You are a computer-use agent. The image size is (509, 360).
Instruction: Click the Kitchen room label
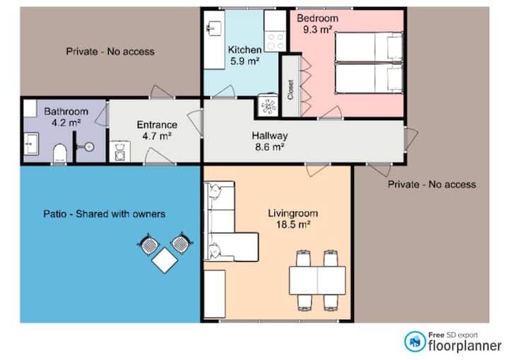tap(245, 50)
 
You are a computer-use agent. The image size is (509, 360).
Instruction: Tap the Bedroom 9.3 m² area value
tap(317, 30)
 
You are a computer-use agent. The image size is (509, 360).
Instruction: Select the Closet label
tap(291, 90)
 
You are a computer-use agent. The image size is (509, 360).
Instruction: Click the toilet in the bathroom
tap(59, 153)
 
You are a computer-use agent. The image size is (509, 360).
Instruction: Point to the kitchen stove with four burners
tap(275, 41)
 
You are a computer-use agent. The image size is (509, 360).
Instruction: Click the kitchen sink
tap(214, 28)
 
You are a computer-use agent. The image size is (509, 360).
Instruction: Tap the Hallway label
tap(270, 136)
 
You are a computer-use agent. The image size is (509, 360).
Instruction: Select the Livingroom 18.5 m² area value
tap(293, 224)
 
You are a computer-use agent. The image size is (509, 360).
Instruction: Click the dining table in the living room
tap(317, 280)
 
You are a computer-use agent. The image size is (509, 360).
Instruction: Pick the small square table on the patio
tap(165, 260)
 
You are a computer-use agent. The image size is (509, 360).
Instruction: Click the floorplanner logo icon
tap(415, 342)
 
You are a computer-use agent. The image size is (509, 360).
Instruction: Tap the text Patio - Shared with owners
tap(104, 214)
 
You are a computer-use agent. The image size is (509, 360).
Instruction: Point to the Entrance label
tap(157, 124)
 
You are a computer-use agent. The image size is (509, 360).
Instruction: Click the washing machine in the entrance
tap(119, 151)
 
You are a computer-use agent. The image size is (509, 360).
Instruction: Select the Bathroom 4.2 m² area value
tap(66, 123)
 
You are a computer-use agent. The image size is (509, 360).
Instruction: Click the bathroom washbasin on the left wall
tap(31, 144)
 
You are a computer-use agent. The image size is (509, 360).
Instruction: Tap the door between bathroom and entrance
tap(102, 114)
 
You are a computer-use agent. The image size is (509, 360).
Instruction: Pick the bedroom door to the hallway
tap(331, 112)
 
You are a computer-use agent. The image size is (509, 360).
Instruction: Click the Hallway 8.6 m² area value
tap(269, 147)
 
